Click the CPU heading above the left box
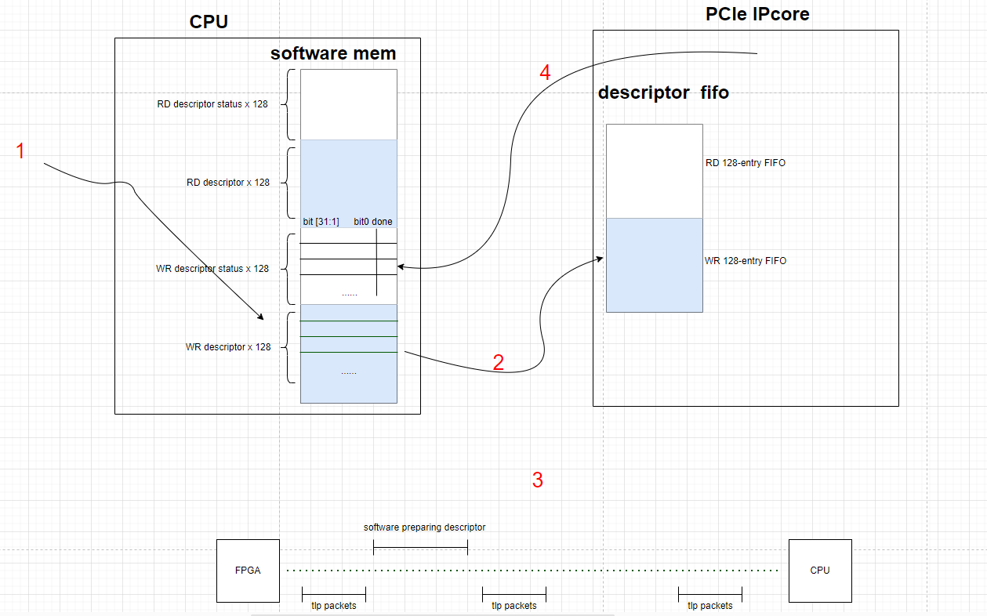point(209,21)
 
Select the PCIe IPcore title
point(758,14)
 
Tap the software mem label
point(333,53)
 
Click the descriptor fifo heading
point(663,92)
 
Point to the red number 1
point(21,151)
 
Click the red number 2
point(499,362)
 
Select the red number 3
point(538,480)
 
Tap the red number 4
point(545,73)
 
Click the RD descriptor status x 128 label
point(212,104)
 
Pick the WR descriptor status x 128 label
point(212,269)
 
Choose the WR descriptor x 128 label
point(228,347)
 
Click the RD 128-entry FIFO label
point(746,163)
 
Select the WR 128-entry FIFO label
point(746,261)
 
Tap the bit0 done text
point(373,222)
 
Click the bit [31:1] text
point(321,222)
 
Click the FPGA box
point(248,571)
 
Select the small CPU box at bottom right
point(820,571)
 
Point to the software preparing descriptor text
point(424,527)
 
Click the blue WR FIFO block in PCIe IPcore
point(654,265)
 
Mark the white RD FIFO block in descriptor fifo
point(654,171)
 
